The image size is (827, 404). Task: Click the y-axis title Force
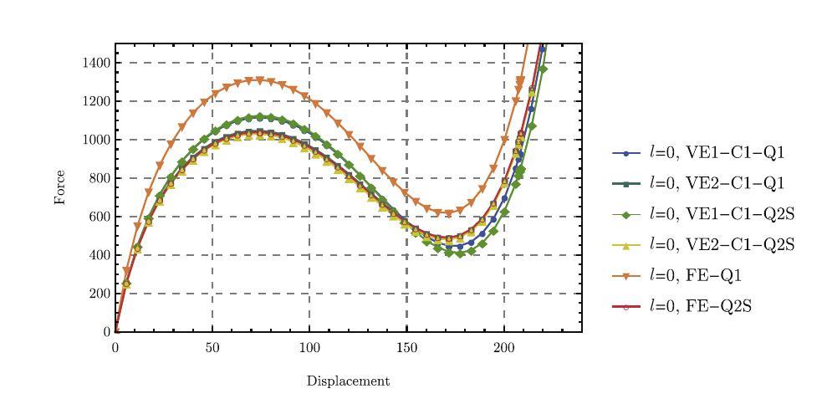(x=60, y=187)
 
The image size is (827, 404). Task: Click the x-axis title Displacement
(x=348, y=381)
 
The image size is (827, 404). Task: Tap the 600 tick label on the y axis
(x=100, y=217)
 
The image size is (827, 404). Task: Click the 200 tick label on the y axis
(x=100, y=294)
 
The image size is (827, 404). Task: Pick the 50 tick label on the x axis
(x=212, y=347)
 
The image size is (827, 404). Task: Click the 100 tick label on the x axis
(x=309, y=347)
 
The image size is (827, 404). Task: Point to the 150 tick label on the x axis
(x=406, y=347)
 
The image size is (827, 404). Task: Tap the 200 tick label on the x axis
(x=503, y=347)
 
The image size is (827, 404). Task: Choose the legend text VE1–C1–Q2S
(x=722, y=215)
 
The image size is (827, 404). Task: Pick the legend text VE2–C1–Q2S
(x=722, y=245)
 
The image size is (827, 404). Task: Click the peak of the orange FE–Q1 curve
(x=259, y=80)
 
